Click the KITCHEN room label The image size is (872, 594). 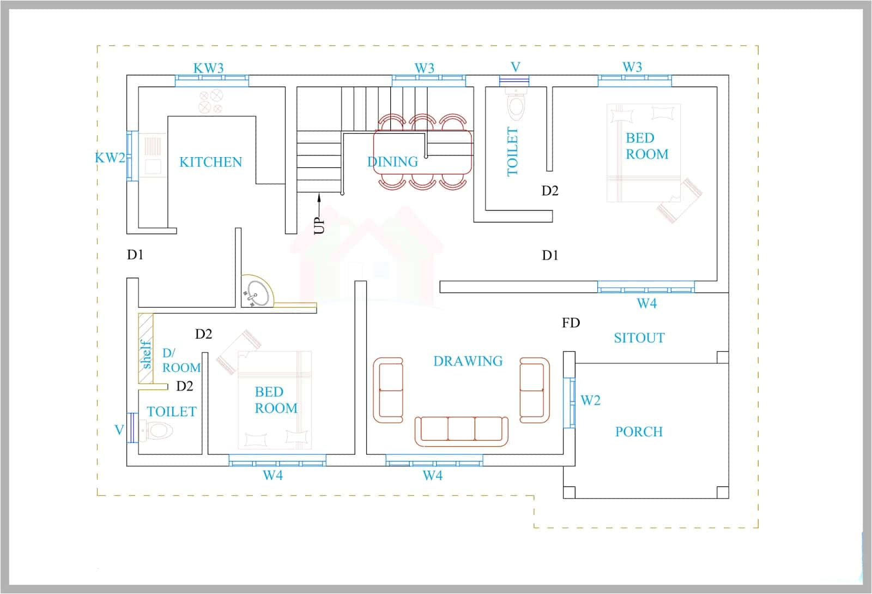coord(210,162)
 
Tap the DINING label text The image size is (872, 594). coord(392,162)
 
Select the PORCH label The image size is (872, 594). coord(639,432)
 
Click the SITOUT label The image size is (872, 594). coord(639,338)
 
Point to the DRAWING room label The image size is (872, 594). coord(468,361)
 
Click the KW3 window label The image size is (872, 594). coord(208,68)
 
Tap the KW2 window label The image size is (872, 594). coord(110,158)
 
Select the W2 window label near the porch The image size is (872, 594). coord(590,401)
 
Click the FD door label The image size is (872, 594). coord(571,323)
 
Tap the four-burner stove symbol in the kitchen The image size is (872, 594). coord(210,101)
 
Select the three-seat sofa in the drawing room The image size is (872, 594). coord(461,429)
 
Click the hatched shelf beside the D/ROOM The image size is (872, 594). coord(146,348)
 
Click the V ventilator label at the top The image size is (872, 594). coord(515,67)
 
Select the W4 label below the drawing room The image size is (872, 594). coord(432,476)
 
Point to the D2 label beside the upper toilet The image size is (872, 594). coord(549,191)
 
